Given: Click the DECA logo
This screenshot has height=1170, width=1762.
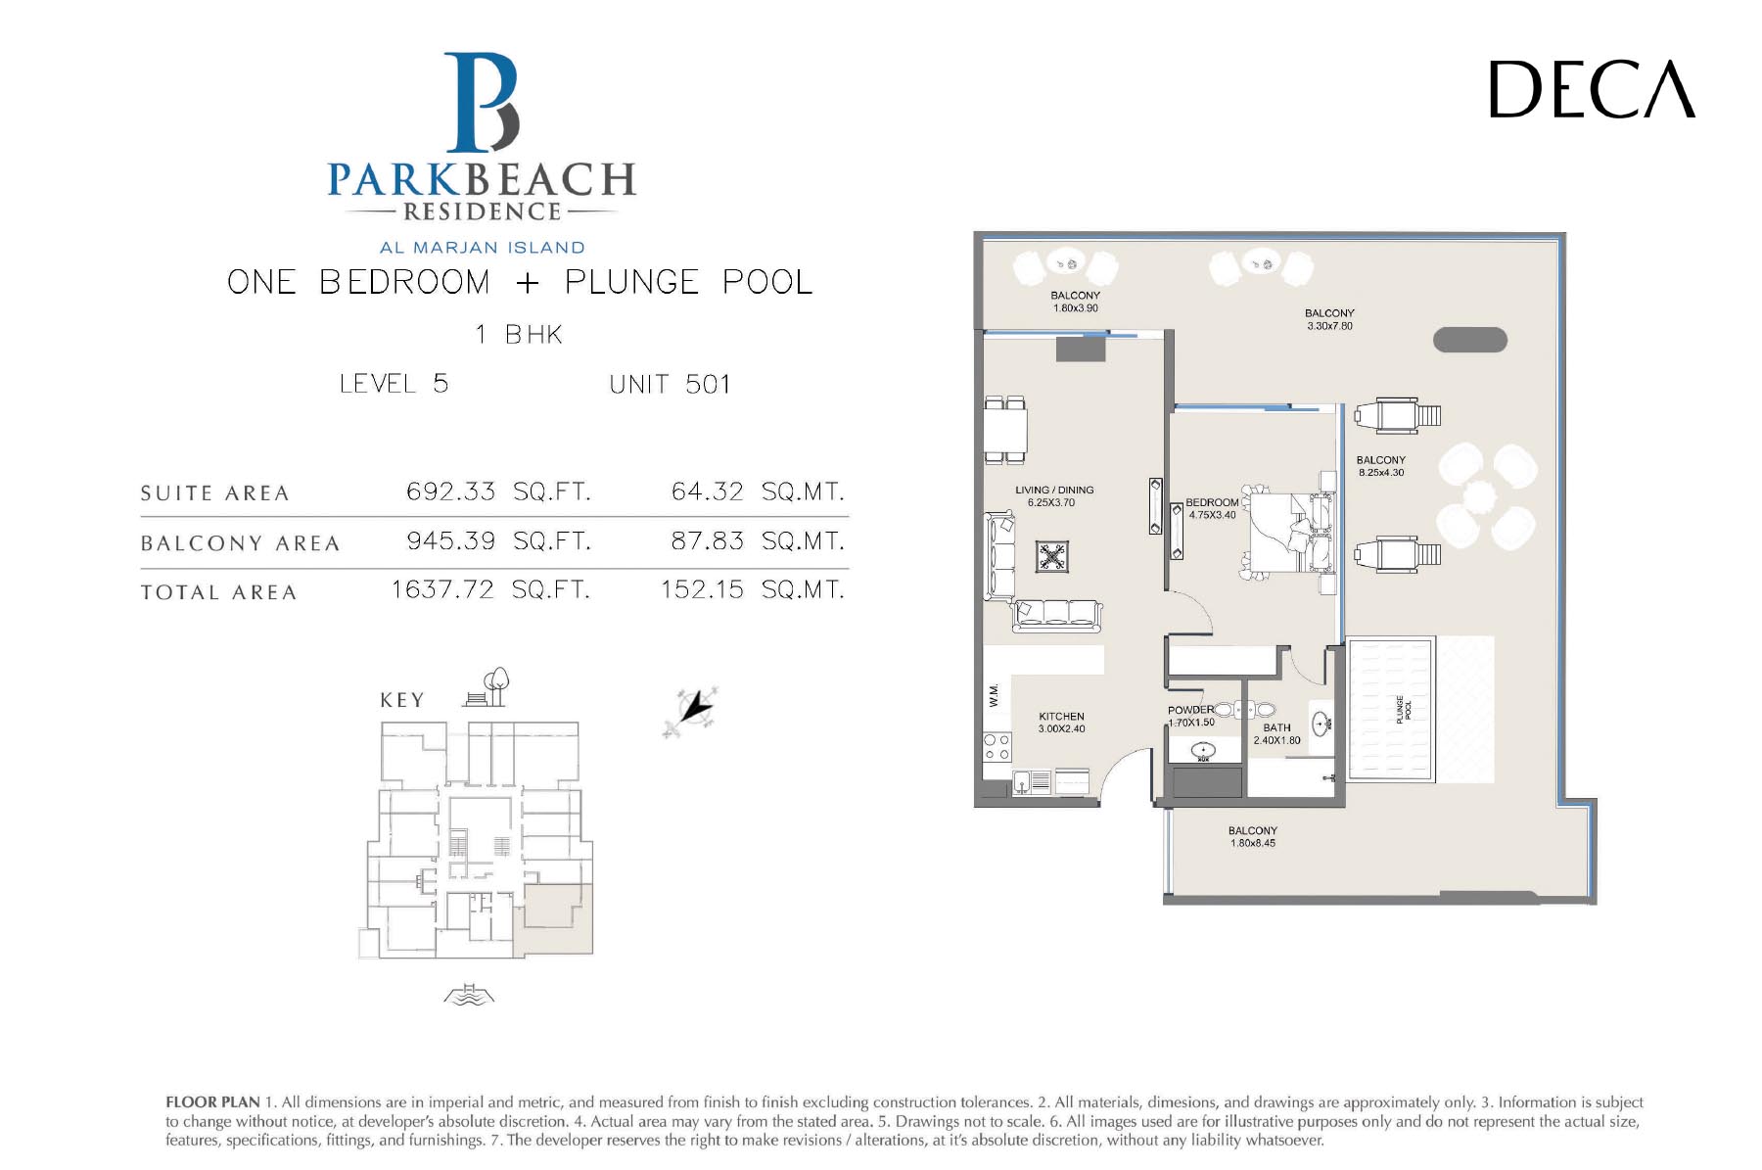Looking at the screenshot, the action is coord(1592,89).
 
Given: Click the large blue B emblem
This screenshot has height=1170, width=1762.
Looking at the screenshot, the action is coord(482,103).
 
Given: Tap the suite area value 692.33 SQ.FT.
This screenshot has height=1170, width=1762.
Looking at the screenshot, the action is coord(498,491).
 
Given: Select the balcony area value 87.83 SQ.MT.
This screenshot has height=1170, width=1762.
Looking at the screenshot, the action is coord(758,540).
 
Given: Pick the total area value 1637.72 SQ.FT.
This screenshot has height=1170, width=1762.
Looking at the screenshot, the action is coord(490,589).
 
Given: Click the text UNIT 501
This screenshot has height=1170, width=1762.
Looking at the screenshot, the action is coord(670,384).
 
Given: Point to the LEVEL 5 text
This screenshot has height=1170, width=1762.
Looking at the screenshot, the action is coord(394,383).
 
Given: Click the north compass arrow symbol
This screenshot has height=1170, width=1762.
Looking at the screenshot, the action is coord(692,710).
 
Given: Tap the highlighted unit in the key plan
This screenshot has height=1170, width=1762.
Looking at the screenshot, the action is coord(553,920).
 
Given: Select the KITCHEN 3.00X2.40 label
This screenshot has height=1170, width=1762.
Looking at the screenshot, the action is coord(1061,723).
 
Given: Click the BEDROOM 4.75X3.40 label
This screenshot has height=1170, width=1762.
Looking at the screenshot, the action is coord(1212,508).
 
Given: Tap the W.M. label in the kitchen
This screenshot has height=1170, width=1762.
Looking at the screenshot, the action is coord(994,695).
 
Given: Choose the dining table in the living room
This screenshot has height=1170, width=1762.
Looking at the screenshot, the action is coord(1005,429).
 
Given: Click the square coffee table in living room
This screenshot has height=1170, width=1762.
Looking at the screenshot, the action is coord(1052,557).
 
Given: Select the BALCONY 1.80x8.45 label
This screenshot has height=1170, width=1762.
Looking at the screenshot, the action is coord(1253,836).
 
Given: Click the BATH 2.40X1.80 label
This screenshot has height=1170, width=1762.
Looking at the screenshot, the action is coord(1277,733).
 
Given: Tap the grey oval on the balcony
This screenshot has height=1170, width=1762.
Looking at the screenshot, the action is coord(1470,340).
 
